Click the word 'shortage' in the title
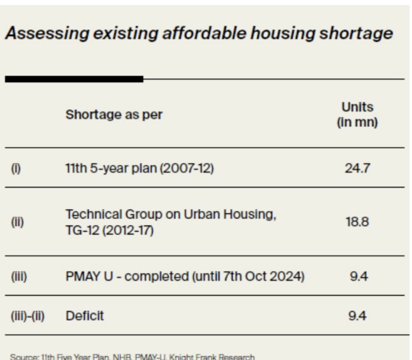[x=355, y=34]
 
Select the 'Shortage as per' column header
[x=114, y=115]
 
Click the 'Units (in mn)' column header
[x=357, y=115]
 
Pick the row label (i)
[x=16, y=168]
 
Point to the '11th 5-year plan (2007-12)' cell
[x=139, y=168]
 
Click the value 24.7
[x=357, y=168]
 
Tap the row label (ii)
[x=17, y=222]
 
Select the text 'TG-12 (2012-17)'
[x=110, y=230]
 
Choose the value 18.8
[x=357, y=222]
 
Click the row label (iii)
[x=19, y=276]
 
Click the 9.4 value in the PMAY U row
[x=359, y=276]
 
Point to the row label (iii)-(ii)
[x=28, y=316]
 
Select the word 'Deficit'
[x=84, y=316]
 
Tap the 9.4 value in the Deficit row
[x=359, y=316]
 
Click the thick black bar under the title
[x=74, y=79]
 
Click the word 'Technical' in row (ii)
[x=91, y=214]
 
